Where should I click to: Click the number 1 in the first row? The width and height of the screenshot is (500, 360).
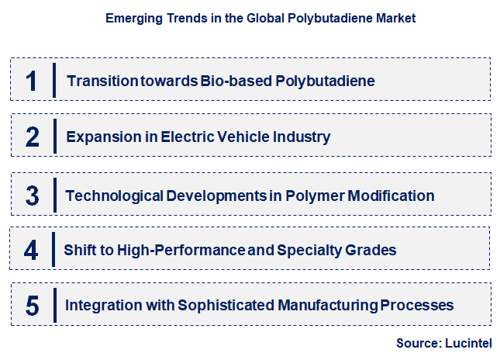pos(32,81)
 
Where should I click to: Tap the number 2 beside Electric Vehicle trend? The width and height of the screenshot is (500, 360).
pos(32,138)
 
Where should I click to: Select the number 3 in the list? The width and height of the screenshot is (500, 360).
pos(32,196)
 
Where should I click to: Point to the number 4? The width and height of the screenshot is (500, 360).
pos(31,251)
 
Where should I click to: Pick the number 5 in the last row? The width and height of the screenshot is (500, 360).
pos(32,306)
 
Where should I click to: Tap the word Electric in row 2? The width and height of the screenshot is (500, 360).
pos(185,137)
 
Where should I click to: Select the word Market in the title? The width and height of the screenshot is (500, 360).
pos(396,18)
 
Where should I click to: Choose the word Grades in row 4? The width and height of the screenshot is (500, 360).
pos(374,251)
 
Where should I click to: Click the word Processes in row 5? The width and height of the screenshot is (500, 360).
pos(417,306)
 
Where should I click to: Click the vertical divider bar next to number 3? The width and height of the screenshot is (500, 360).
pos(54,195)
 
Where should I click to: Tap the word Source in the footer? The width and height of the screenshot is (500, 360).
pos(418,342)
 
